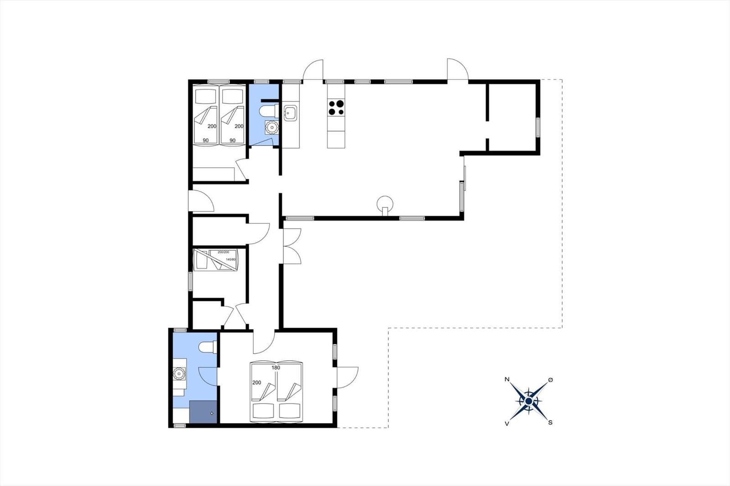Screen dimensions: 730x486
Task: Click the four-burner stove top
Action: coord(336,108)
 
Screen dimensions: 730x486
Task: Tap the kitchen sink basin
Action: coord(290,113)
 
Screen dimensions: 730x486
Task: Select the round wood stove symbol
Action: coord(385,205)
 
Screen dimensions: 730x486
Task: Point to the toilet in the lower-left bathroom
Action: coord(208,347)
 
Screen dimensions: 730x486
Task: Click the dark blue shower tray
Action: coord(203,412)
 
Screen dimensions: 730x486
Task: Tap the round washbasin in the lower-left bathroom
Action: coord(178,373)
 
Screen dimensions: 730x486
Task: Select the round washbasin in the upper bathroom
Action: coord(271,127)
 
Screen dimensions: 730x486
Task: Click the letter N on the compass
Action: coord(507,379)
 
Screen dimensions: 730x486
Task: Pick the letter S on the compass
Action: coord(550,423)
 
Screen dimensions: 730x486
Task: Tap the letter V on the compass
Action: coord(507,424)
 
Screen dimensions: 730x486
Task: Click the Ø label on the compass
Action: coord(550,380)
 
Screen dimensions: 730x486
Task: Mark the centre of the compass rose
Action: coord(529,401)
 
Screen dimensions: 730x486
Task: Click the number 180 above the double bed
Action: coord(276,368)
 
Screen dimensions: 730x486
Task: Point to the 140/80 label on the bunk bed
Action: coord(231,259)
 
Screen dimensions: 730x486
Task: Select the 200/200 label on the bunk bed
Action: coord(223,252)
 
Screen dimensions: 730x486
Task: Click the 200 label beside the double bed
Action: coord(257,383)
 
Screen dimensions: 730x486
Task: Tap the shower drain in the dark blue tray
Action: coord(212,414)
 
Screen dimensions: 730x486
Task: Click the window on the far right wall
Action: coord(538,127)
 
